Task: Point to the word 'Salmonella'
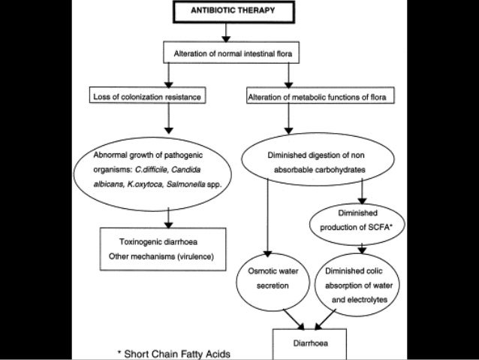click(x=185, y=184)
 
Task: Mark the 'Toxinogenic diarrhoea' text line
click(x=158, y=242)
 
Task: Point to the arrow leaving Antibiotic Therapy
click(x=226, y=32)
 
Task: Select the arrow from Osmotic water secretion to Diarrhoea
click(x=294, y=319)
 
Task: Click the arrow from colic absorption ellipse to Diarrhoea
click(x=325, y=319)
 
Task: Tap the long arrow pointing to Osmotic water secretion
click(x=267, y=217)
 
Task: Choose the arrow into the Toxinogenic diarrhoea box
click(x=168, y=218)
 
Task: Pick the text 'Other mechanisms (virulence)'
click(x=161, y=256)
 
